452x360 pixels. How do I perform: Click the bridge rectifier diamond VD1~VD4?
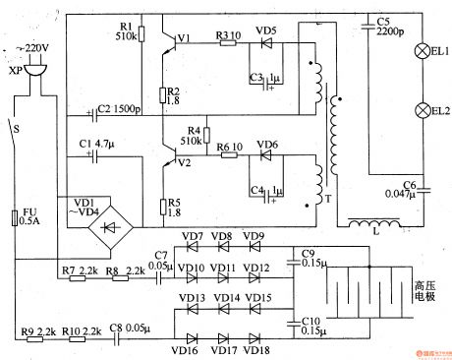click(x=108, y=222)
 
